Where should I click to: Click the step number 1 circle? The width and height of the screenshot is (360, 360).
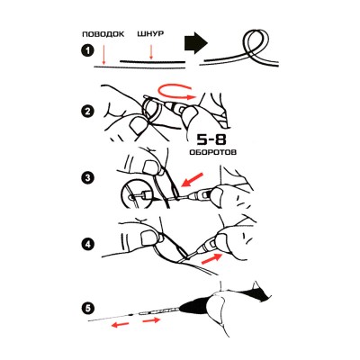point(87,51)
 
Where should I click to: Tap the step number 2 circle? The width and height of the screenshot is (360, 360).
point(87,112)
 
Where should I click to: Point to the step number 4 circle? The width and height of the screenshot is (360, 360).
point(87,242)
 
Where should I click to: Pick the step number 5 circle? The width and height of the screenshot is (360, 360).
point(87,309)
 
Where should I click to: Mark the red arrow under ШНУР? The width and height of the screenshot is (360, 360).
point(150,51)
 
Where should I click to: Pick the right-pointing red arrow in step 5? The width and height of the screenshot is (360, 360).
point(153,319)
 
